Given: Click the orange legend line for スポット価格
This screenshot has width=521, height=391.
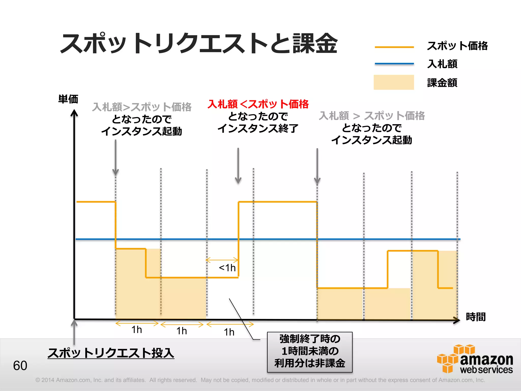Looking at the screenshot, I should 394,47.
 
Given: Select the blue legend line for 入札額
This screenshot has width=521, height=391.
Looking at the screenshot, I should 394,64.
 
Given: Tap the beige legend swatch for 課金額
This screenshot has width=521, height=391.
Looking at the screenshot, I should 394,82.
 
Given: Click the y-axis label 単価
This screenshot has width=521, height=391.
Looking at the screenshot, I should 68,99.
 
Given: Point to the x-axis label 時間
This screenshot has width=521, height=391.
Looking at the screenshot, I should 475,317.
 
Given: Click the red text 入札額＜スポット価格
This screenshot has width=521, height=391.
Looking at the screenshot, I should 258,104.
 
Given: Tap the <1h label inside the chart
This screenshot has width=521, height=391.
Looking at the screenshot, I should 227,268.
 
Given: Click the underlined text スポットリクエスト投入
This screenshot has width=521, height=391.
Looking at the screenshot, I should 111,353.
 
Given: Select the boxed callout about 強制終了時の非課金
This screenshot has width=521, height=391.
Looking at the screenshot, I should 310,352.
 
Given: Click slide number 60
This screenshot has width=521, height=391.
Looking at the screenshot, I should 20,366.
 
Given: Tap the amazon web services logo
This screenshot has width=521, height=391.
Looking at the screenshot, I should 475,359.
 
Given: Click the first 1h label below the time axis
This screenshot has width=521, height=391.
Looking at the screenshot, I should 137,330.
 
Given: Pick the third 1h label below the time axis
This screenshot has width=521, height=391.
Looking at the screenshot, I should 229,332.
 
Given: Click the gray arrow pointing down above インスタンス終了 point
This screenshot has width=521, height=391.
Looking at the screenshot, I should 238,165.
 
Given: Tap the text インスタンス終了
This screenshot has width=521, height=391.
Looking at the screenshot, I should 257,129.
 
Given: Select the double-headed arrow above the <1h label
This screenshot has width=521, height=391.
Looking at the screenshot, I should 222,260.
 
